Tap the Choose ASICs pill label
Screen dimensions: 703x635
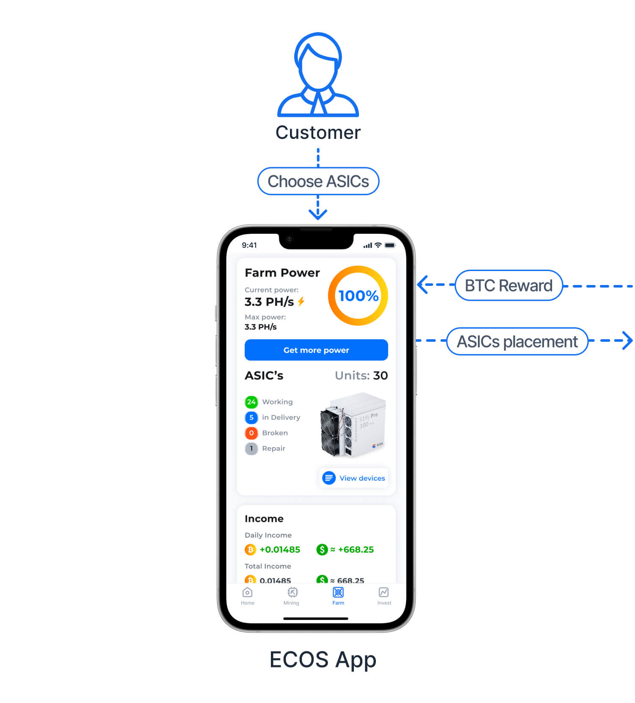(x=318, y=181)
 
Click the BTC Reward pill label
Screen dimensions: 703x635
(x=508, y=285)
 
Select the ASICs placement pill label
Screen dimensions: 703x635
(x=517, y=341)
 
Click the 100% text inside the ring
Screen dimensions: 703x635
(x=358, y=296)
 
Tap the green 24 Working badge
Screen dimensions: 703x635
(x=251, y=401)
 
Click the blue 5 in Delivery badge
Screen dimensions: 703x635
(x=251, y=417)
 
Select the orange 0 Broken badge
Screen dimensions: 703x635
(x=251, y=433)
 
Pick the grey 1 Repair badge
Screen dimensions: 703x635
(x=251, y=448)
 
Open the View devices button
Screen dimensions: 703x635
(x=353, y=478)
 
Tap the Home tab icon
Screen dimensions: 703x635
(x=247, y=592)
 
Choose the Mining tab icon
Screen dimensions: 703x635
(x=292, y=592)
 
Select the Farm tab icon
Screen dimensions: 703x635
(x=338, y=592)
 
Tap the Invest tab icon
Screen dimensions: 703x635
(x=384, y=592)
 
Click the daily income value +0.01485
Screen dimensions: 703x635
(x=279, y=549)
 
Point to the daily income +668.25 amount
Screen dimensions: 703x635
(x=355, y=549)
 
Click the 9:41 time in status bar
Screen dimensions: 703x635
(x=249, y=245)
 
